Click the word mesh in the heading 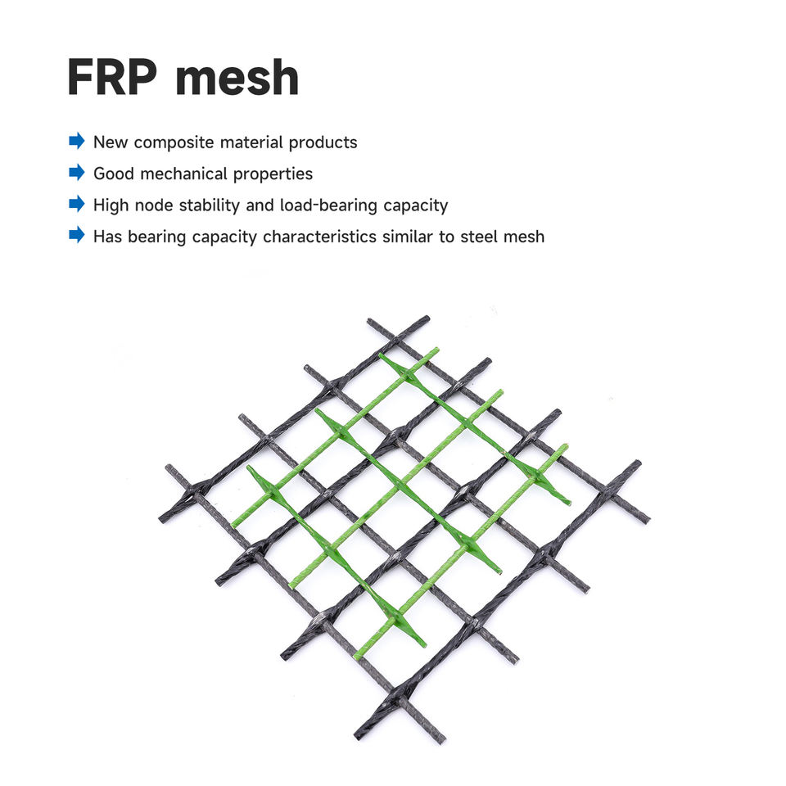click(237, 78)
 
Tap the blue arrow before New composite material click(77, 141)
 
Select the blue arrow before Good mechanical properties click(77, 173)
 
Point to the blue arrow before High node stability click(77, 204)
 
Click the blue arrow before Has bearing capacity click(77, 236)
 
